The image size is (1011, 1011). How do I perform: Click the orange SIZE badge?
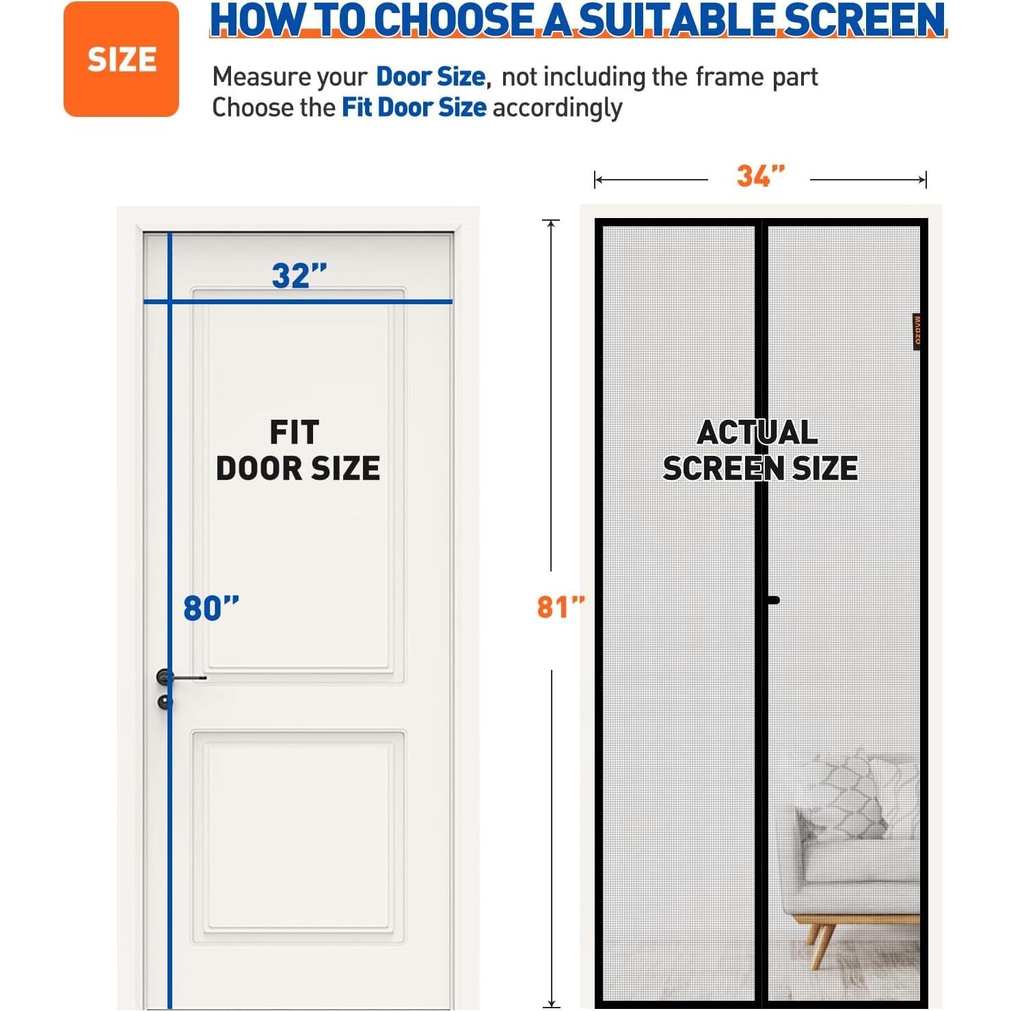(x=121, y=59)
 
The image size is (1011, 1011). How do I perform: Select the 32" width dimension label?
(x=299, y=276)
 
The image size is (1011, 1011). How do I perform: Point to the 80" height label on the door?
(x=211, y=608)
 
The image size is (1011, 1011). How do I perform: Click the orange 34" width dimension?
(x=760, y=176)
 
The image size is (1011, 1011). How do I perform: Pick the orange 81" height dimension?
(x=561, y=607)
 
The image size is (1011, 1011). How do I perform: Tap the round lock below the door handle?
(x=165, y=702)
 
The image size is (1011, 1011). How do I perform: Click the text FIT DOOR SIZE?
(x=297, y=450)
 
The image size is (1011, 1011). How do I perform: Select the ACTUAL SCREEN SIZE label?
(x=759, y=450)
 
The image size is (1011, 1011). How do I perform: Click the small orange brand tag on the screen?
(x=917, y=332)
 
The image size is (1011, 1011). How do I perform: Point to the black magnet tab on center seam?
(x=772, y=600)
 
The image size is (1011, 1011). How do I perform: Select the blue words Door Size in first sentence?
(x=431, y=77)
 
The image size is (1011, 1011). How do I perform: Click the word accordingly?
(x=557, y=108)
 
